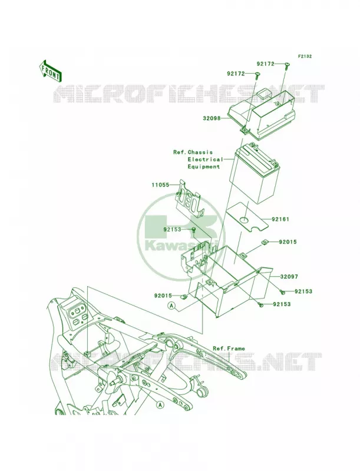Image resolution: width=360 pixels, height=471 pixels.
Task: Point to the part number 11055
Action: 161,185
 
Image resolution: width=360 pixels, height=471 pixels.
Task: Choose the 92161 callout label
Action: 280,219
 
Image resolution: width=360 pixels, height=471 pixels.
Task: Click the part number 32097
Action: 289,276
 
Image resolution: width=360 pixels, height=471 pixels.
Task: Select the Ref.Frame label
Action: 229,349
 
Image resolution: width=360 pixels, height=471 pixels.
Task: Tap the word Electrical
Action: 206,160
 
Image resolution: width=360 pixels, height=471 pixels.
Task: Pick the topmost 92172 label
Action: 265,64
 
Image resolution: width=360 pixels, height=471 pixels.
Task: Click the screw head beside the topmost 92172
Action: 287,64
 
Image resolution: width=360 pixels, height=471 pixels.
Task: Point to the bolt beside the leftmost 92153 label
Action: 193,230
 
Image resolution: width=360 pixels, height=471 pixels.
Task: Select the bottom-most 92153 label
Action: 282,304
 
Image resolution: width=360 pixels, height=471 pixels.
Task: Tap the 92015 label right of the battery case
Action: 288,242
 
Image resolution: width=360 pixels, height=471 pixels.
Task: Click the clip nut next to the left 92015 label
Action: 183,297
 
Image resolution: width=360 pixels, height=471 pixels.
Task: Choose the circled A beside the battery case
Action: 171,306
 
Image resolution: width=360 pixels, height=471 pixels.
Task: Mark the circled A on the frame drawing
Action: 160,404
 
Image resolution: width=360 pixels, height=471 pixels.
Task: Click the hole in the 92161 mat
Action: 245,220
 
